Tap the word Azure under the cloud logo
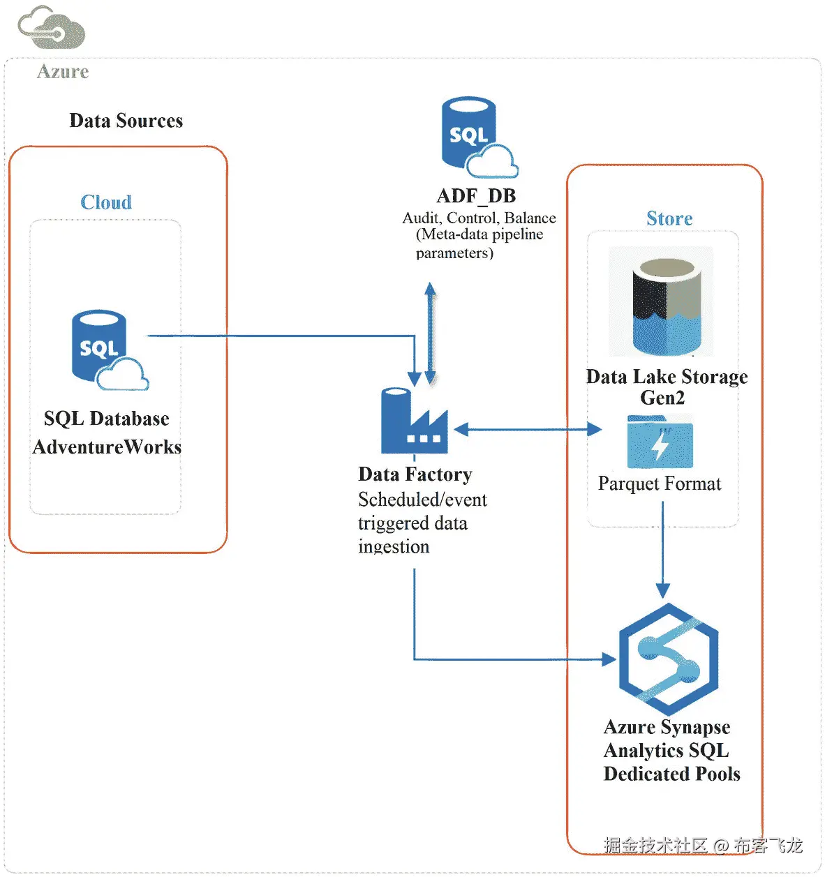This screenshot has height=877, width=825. tap(63, 72)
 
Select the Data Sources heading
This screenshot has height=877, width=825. tap(126, 121)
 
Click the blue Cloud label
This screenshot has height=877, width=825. tap(106, 202)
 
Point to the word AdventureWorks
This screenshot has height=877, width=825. tap(107, 447)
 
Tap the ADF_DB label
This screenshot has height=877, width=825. tap(476, 196)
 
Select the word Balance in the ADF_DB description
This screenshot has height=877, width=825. tap(530, 218)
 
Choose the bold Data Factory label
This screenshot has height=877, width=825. tap(415, 474)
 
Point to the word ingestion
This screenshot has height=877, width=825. tap(394, 547)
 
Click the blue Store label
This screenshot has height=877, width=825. tap(669, 218)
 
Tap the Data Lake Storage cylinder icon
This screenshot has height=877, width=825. tap(666, 304)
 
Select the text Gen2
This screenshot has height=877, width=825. tap(662, 398)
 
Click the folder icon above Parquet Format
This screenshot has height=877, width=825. tap(660, 442)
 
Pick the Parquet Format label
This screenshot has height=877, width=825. tap(660, 484)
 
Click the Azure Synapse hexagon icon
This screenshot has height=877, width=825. tap(668, 659)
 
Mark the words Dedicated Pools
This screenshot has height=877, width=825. tap(671, 774)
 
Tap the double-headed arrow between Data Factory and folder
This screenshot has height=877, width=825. tap(528, 429)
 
